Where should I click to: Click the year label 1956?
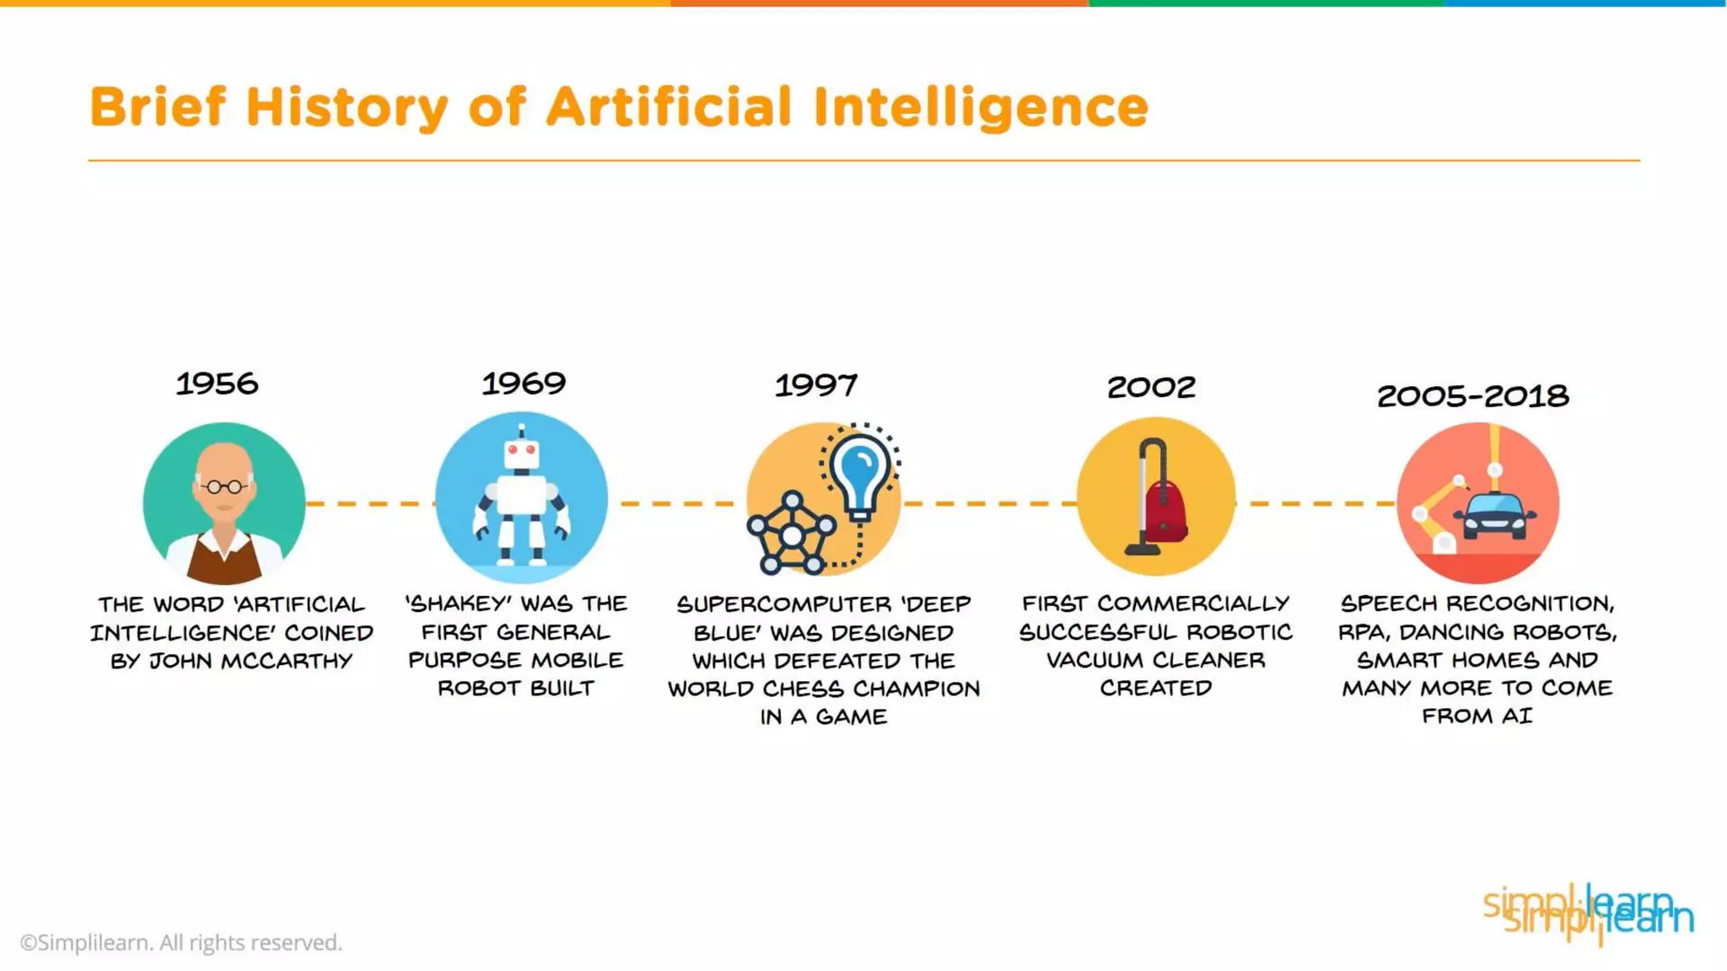[x=217, y=384]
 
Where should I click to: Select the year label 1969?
[x=524, y=384]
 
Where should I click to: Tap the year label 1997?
[x=815, y=386]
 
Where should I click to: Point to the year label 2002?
[x=1151, y=388]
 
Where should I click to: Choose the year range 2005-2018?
[x=1472, y=396]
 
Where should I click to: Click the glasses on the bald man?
[x=224, y=486]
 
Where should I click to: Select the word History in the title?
[x=346, y=109]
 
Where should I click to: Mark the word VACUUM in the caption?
[x=1086, y=660]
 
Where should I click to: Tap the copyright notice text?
[x=181, y=942]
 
